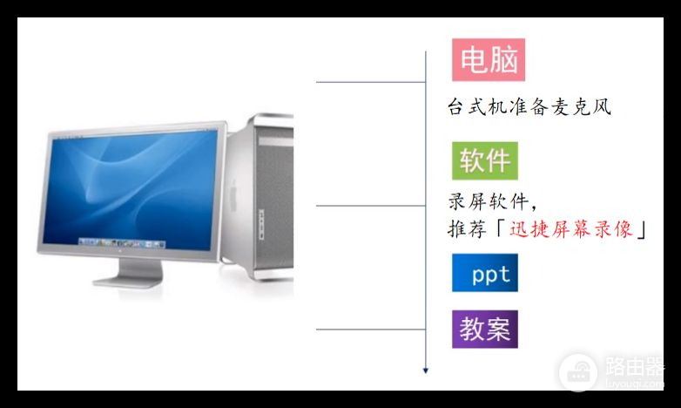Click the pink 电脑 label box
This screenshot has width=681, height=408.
click(488, 60)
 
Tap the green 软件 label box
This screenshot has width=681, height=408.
click(484, 161)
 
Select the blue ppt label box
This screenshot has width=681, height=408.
click(484, 274)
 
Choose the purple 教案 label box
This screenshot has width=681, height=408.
click(484, 330)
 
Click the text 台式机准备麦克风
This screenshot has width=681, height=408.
click(529, 107)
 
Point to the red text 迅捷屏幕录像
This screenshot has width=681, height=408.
click(571, 229)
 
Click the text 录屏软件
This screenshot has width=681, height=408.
click(489, 202)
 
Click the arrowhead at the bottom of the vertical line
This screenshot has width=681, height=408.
click(426, 371)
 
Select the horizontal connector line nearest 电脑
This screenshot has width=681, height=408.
click(370, 83)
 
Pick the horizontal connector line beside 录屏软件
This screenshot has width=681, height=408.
click(370, 206)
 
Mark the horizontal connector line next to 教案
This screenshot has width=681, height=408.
click(370, 330)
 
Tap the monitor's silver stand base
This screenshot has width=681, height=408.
click(131, 282)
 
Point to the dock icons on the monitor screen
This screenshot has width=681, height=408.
click(122, 241)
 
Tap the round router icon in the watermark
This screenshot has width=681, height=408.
click(577, 371)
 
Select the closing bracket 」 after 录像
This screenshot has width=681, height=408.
click(644, 229)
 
